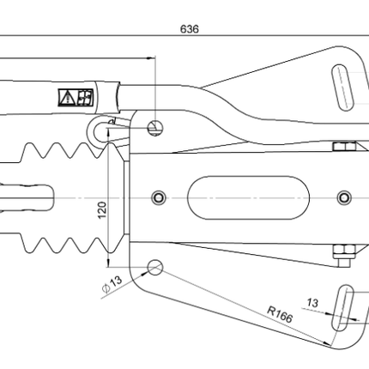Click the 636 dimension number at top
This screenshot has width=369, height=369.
190,28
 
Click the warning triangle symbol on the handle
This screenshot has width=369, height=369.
66,97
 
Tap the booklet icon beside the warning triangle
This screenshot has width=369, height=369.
84,97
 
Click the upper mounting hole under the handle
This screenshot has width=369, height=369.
155,127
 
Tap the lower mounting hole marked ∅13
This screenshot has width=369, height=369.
155,267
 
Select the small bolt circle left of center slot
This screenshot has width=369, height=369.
158,197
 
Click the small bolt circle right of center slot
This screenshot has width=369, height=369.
345,197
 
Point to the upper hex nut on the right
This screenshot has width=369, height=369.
341,149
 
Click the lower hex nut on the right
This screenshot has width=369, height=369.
341,250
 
